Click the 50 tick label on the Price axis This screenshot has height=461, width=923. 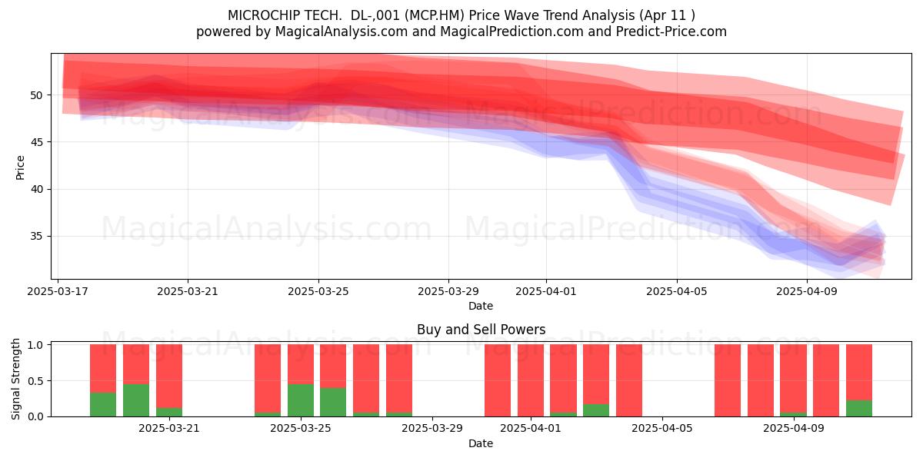(36, 95)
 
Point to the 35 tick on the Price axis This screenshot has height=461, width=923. (36, 237)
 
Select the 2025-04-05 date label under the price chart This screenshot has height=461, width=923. (676, 291)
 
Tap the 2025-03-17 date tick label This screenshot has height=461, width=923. (57, 291)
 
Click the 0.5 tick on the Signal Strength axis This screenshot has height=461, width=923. (35, 381)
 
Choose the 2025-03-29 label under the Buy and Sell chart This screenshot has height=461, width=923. (432, 429)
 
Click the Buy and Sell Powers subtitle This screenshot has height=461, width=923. (481, 330)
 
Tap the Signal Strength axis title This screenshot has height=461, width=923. (15, 379)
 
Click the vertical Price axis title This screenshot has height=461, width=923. (20, 167)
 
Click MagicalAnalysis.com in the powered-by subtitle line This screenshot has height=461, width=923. (342, 32)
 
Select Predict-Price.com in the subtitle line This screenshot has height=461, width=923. (671, 32)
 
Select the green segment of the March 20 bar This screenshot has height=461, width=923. (136, 400)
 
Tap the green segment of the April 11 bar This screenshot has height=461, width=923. (858, 408)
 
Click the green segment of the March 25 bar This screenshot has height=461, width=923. (301, 400)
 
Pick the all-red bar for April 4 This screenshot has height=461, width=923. (629, 380)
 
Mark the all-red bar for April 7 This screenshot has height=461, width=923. (728, 380)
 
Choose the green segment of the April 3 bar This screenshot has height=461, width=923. (596, 410)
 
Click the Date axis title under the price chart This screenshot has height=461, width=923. (481, 306)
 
